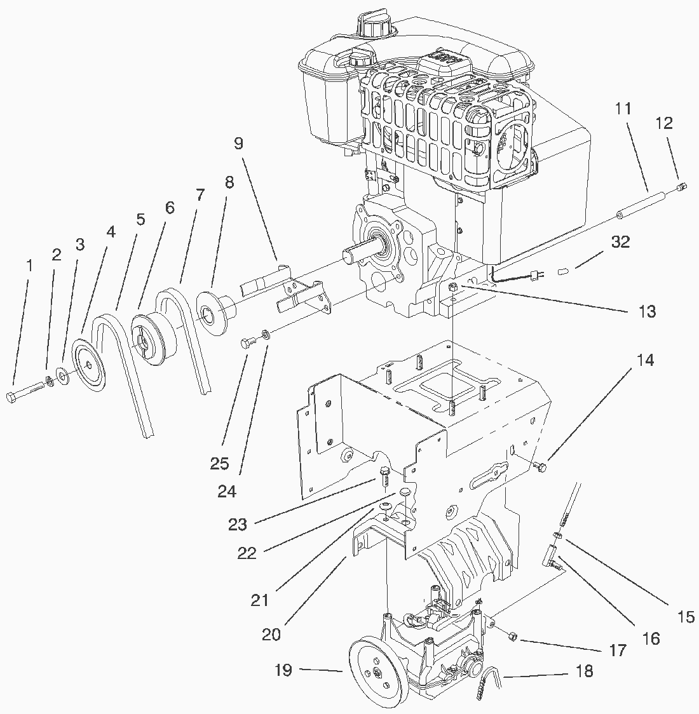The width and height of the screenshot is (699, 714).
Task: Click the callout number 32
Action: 620,242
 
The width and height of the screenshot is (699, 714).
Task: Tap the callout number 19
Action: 283,670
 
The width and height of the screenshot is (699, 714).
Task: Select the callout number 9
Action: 239,144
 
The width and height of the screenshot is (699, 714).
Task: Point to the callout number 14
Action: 645,360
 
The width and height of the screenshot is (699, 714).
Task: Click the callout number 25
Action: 219,464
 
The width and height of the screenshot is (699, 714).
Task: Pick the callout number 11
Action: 623,109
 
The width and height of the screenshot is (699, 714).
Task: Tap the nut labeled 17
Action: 512,637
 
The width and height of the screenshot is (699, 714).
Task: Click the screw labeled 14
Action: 541,466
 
